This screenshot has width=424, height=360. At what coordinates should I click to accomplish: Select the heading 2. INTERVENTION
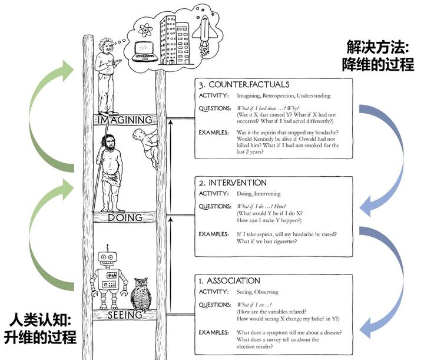[233, 183]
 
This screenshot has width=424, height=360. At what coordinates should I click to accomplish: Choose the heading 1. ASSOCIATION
[230, 280]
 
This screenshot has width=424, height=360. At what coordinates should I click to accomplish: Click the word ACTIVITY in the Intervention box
[213, 194]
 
